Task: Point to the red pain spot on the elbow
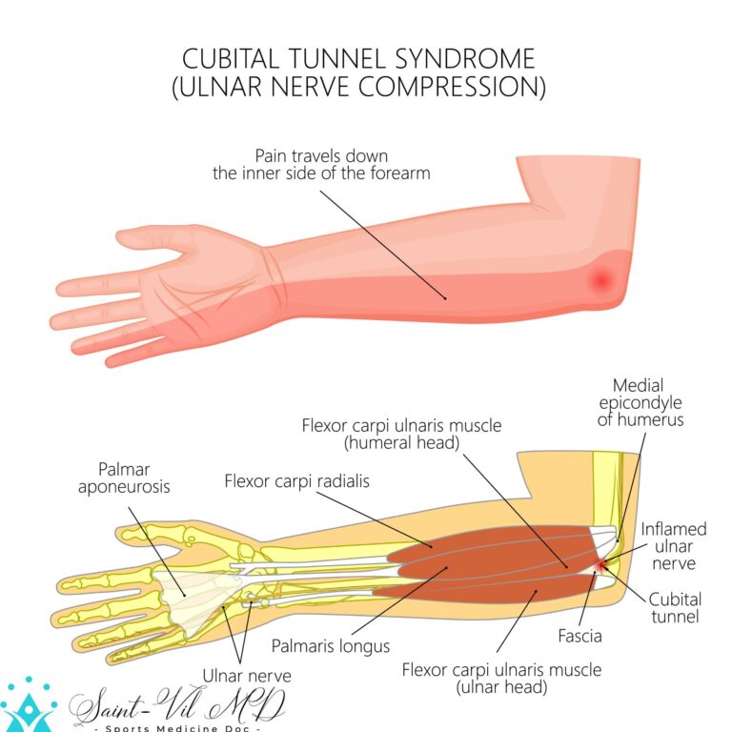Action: (601, 279)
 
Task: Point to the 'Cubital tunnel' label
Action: (675, 607)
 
